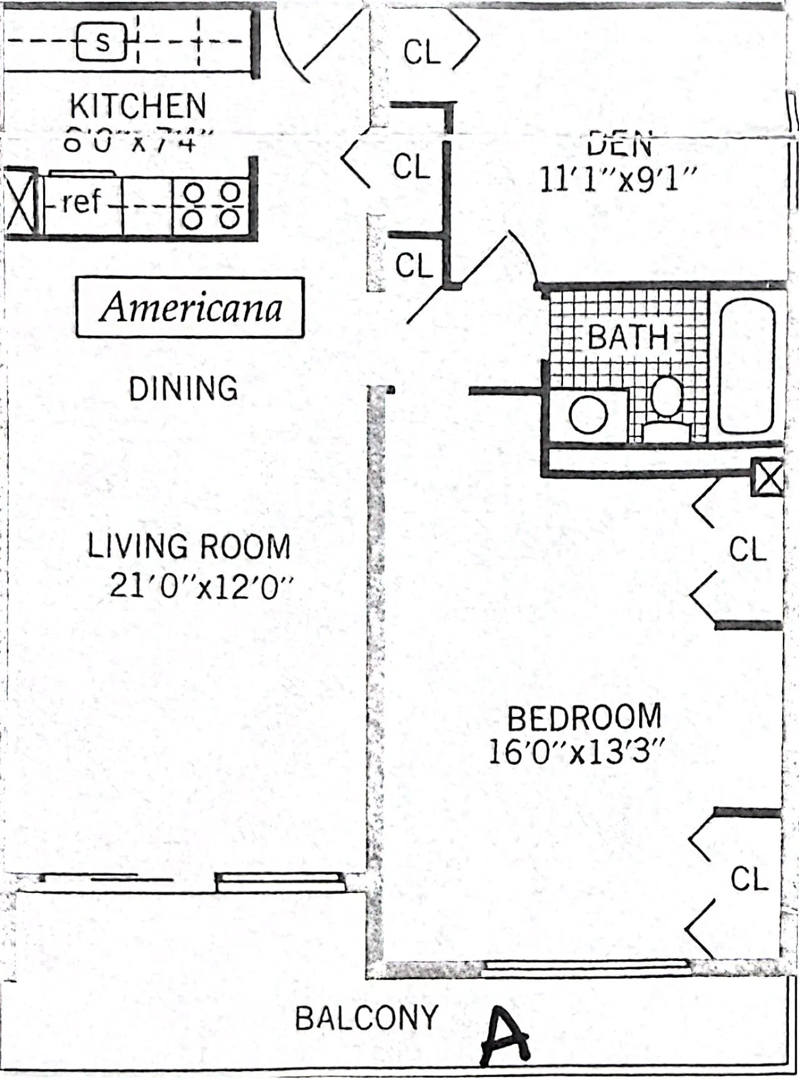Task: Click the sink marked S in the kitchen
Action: pos(102,42)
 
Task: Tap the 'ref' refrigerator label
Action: pos(81,202)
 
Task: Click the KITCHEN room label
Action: pos(137,106)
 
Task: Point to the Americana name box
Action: pos(190,308)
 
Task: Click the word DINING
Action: pos(184,388)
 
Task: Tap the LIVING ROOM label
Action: pos(189,546)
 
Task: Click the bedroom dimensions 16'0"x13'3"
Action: pos(574,752)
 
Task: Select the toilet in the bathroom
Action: pos(666,409)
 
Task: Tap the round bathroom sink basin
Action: pos(589,415)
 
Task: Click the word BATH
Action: pos(627,338)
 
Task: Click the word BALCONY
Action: pos(366,1018)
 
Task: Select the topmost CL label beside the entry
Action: pos(422,52)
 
